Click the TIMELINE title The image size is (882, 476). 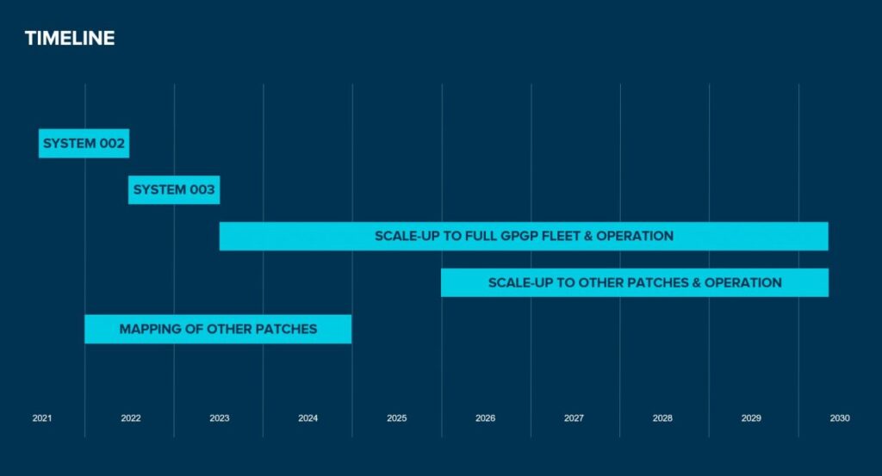pyautogui.click(x=69, y=38)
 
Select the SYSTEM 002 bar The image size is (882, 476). pyautogui.click(x=84, y=143)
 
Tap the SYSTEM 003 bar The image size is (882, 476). pyautogui.click(x=174, y=189)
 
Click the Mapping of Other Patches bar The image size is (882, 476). pyautogui.click(x=218, y=329)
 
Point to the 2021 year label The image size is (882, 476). pyautogui.click(x=42, y=418)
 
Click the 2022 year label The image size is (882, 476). pyautogui.click(x=131, y=418)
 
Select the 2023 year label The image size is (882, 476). pyautogui.click(x=220, y=418)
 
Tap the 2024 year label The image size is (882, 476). pyautogui.click(x=308, y=418)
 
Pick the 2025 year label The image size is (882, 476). pyautogui.click(x=397, y=418)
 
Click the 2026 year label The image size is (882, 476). pyautogui.click(x=486, y=418)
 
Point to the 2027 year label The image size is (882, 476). pyautogui.click(x=575, y=418)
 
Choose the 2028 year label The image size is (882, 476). pyautogui.click(x=662, y=418)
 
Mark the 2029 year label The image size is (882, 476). pyautogui.click(x=751, y=418)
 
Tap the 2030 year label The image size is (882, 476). pyautogui.click(x=840, y=418)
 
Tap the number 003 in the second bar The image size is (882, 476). pyautogui.click(x=202, y=189)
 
